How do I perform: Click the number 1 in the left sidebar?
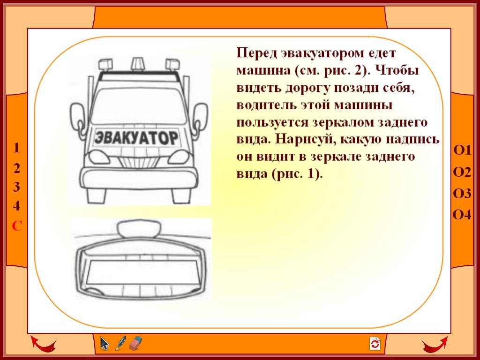coord(16,148)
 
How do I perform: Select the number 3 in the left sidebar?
coord(16,187)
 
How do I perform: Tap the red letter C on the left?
coord(17,226)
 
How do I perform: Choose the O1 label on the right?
coord(462,150)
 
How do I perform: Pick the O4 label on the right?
coord(462,215)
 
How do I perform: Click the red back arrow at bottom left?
coord(43,344)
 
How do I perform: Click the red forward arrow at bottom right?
coord(435,344)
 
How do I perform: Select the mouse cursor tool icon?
coord(105,344)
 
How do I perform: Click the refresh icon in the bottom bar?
coord(375,344)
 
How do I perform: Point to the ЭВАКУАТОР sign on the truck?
coord(136,137)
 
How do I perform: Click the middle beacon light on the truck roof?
coord(137,64)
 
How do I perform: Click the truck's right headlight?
coord(179,157)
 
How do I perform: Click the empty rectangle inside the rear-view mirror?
coord(142,272)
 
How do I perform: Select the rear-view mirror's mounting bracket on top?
coord(139,229)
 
